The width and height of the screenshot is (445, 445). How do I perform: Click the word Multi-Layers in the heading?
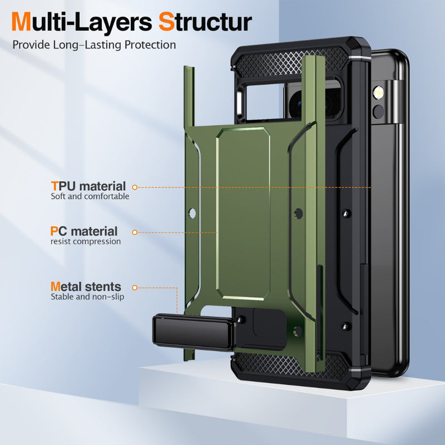(x=82, y=22)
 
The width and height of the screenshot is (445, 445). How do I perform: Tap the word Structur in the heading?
(x=205, y=22)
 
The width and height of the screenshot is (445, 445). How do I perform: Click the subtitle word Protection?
(x=150, y=45)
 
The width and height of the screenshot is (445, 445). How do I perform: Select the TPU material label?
(x=88, y=186)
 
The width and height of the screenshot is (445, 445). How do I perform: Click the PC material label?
(x=84, y=231)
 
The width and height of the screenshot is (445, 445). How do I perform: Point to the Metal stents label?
(x=86, y=286)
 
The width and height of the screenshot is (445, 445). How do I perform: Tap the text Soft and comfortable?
(x=90, y=196)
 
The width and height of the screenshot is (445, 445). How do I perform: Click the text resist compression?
(x=86, y=241)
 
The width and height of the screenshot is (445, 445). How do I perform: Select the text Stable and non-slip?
(x=87, y=297)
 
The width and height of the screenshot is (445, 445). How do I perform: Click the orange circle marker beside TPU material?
(x=135, y=187)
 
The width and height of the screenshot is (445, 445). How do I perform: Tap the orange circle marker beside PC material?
(x=135, y=233)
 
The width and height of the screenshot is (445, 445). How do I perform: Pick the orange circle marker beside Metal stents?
(x=135, y=288)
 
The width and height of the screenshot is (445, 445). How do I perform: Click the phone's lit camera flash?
(x=378, y=93)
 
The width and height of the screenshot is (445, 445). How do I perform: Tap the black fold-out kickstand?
(x=193, y=332)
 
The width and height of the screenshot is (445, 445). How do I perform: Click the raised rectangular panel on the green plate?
(x=243, y=214)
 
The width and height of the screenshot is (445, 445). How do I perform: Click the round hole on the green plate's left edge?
(x=192, y=214)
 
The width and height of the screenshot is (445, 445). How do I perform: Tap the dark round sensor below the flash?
(x=378, y=112)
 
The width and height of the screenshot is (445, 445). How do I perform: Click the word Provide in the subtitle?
(x=31, y=45)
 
